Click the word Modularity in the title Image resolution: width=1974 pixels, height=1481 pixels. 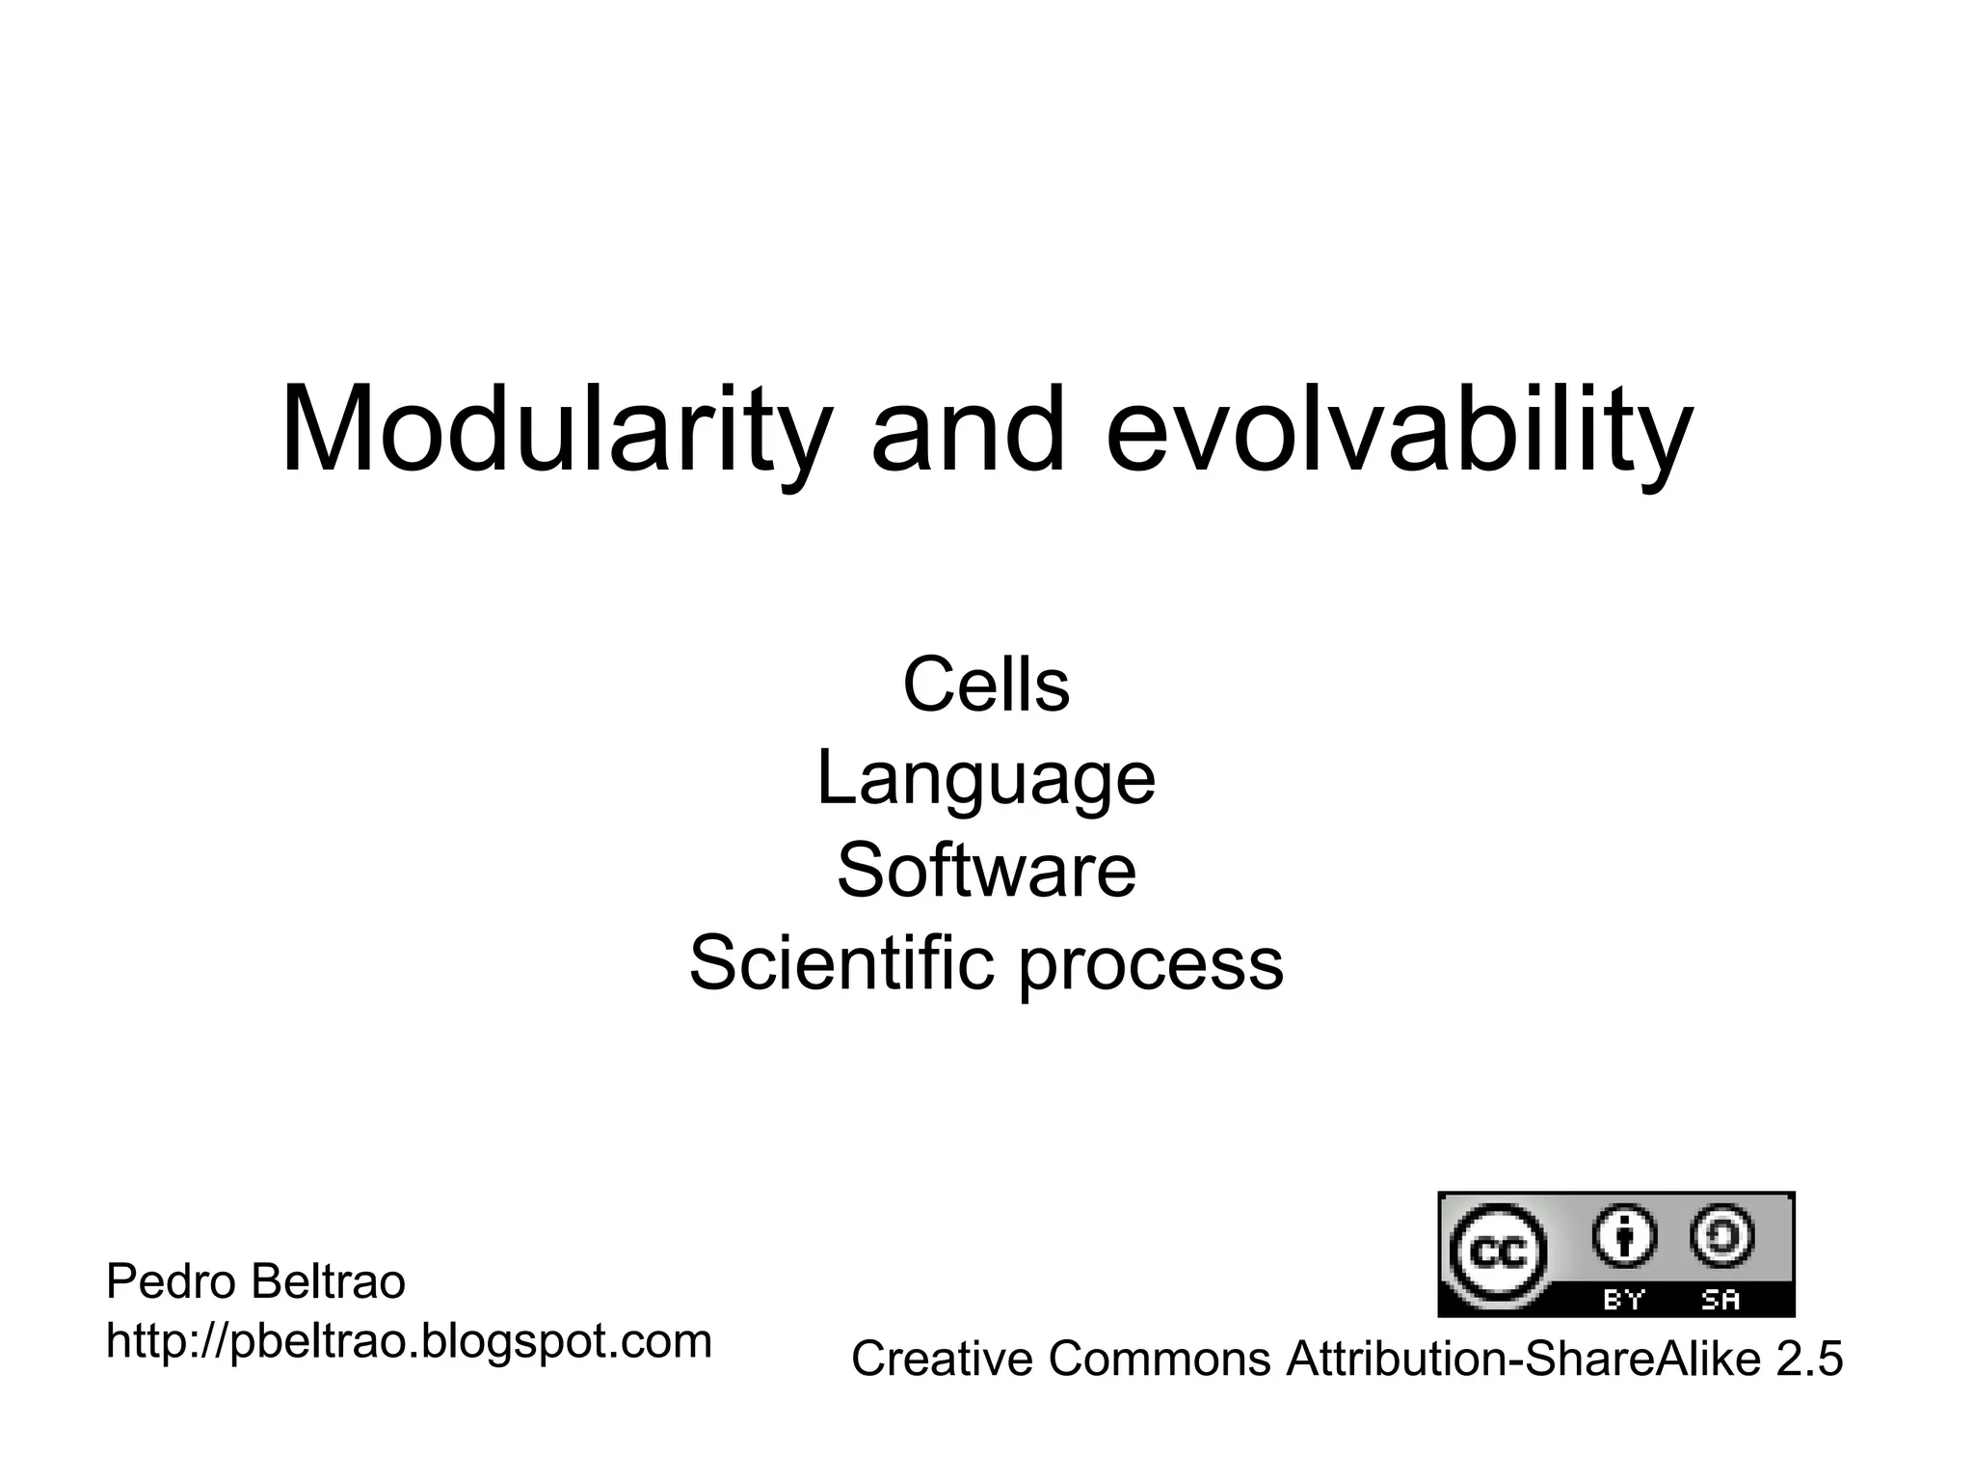[554, 431]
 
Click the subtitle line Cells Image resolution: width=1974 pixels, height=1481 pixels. [986, 686]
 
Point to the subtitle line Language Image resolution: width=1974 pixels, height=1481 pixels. [986, 779]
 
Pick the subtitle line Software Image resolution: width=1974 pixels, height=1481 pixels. [986, 871]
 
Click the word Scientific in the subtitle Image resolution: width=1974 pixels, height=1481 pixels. [840, 963]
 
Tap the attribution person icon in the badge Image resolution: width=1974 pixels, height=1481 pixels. [1625, 1237]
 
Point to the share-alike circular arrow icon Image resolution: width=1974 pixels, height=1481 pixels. [1722, 1237]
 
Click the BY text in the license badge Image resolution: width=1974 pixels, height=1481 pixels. [1624, 1300]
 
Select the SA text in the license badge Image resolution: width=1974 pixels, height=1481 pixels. [1721, 1300]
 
